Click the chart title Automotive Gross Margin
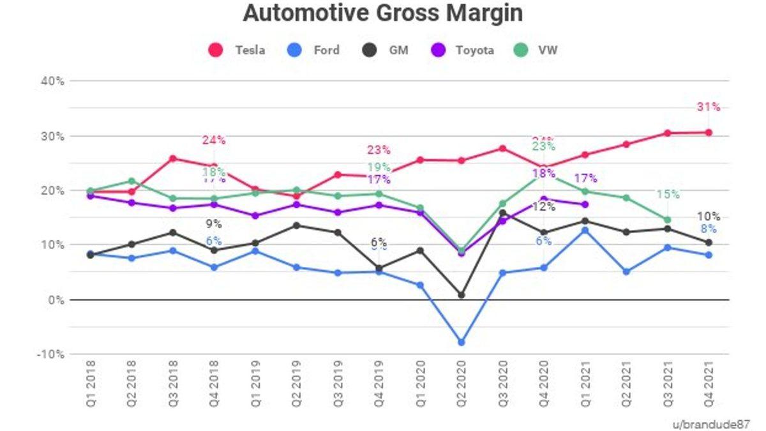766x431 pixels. click(x=382, y=13)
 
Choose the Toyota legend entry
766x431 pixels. click(x=463, y=50)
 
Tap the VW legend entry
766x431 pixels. click(x=537, y=50)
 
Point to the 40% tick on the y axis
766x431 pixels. click(x=52, y=81)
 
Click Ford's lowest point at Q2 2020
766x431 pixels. click(x=462, y=342)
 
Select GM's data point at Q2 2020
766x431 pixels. click(x=462, y=295)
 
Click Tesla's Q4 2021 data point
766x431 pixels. click(x=709, y=132)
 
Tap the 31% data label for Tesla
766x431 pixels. click(x=709, y=107)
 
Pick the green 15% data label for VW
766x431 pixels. click(x=668, y=194)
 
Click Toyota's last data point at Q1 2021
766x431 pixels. click(x=585, y=204)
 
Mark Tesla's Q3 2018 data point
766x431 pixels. click(x=173, y=158)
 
